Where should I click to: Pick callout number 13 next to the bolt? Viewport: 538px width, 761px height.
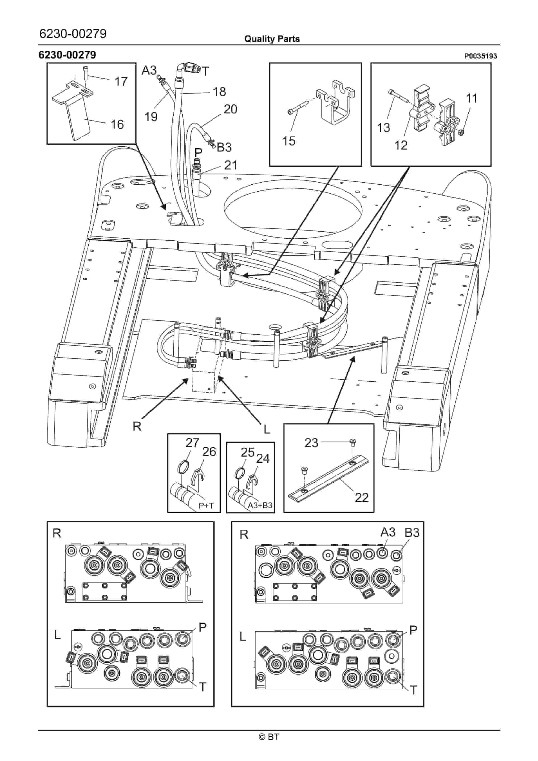pos(383,128)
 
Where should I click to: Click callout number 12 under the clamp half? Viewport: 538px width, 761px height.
pos(401,145)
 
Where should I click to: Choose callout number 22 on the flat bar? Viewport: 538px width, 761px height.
pos(361,498)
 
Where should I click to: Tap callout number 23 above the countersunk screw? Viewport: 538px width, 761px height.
pos(311,443)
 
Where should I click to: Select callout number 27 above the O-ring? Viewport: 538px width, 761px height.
pos(192,443)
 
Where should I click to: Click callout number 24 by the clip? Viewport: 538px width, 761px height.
pos(263,458)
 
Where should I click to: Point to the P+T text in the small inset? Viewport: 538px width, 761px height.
pos(206,506)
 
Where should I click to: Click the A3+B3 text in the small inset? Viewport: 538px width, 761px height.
pos(260,505)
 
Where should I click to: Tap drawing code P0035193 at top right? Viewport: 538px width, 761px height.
pos(480,56)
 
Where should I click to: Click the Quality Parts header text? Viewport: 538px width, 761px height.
pos(272,39)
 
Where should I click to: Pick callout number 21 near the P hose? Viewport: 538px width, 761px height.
pos(231,165)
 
